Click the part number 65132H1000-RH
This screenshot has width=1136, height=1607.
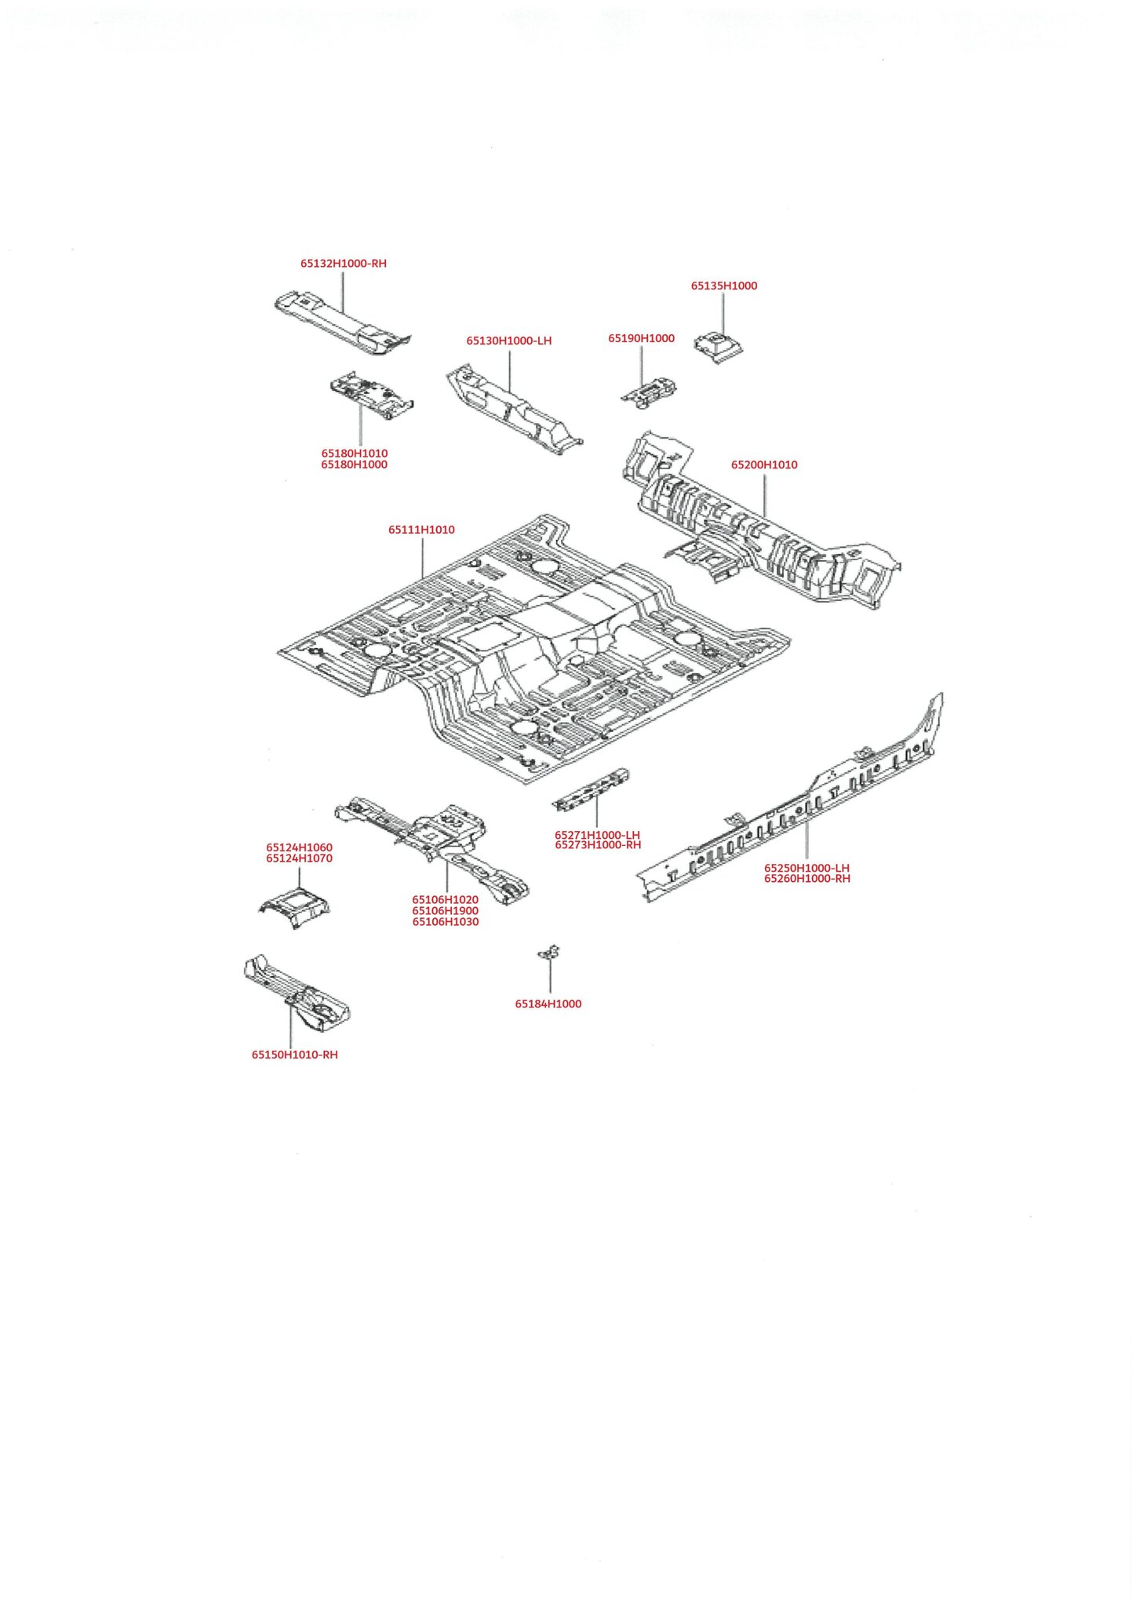[x=344, y=264]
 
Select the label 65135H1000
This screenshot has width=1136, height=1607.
[x=724, y=286]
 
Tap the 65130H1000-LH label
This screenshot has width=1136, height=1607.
[x=509, y=341]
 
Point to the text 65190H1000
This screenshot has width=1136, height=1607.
[x=642, y=338]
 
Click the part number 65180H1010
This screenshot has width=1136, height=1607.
[x=355, y=454]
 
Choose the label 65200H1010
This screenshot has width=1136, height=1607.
[x=764, y=465]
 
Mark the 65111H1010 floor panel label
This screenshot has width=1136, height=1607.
[x=421, y=530]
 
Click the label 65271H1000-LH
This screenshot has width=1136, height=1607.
[x=598, y=835]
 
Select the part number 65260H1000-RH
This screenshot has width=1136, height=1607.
[x=807, y=879]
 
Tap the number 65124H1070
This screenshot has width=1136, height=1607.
[x=299, y=858]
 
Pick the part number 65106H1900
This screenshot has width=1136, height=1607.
[x=446, y=911]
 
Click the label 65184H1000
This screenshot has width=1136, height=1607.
[x=548, y=1004]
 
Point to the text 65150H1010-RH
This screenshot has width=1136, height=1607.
[x=295, y=1055]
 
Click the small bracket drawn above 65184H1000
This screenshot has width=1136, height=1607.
[x=549, y=953]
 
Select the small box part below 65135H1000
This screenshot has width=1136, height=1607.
[x=718, y=347]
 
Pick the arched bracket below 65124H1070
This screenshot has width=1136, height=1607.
[x=295, y=908]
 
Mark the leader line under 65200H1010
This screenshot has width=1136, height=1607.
[x=765, y=494]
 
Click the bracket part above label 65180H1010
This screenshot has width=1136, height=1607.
[x=371, y=395]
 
